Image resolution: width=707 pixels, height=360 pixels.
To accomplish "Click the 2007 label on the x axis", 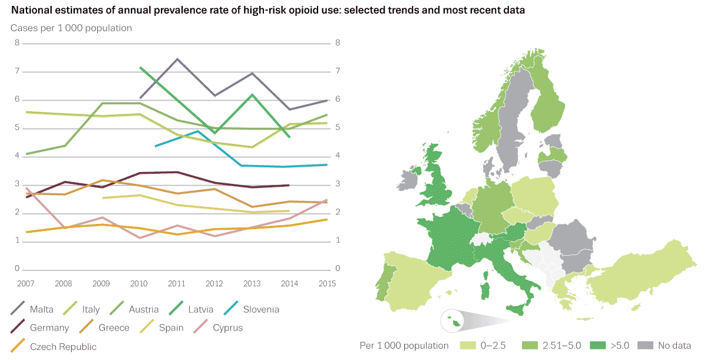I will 26,283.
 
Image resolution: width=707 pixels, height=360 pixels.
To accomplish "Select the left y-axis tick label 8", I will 18,43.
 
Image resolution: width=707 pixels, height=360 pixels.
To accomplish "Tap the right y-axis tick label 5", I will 338,128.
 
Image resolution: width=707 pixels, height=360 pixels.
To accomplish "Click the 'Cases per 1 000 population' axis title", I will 71,28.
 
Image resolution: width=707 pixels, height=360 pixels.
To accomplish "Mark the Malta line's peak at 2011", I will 177,59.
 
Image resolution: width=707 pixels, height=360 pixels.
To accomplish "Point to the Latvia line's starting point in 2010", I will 140,68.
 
